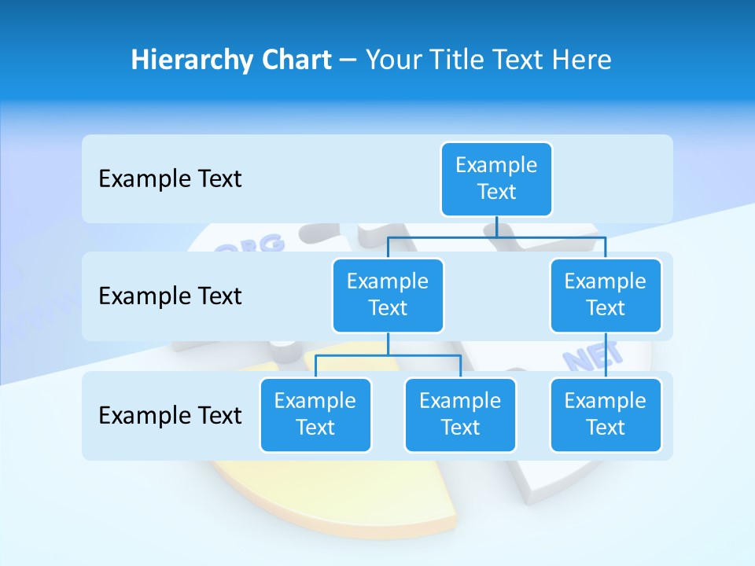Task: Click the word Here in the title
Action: [x=579, y=60]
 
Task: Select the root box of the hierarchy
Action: [x=496, y=178]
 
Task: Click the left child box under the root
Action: [x=388, y=295]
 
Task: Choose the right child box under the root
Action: [x=606, y=295]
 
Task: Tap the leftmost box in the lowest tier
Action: [x=315, y=414]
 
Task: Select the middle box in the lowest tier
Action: [x=460, y=414]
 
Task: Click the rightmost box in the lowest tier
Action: [x=606, y=414]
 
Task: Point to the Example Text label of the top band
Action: [x=170, y=179]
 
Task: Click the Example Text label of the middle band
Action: [x=170, y=296]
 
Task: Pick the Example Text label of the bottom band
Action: [x=170, y=415]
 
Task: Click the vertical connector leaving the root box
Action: [x=496, y=226]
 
